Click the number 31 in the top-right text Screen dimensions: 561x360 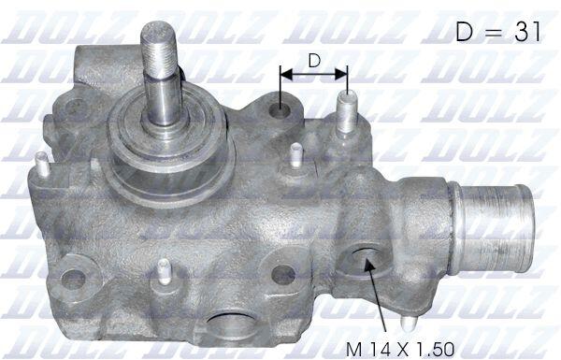(x=528, y=31)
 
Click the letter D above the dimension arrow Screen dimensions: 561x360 (x=314, y=61)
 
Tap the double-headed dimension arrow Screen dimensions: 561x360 (x=314, y=75)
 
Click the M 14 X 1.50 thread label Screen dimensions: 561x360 (x=400, y=349)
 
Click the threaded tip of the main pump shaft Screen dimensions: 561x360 (x=159, y=49)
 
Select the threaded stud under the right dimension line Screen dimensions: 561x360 (x=347, y=111)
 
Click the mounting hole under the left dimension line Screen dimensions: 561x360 (x=280, y=109)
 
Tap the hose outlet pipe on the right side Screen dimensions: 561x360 (x=493, y=227)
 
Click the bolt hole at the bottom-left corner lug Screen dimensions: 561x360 (x=73, y=279)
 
